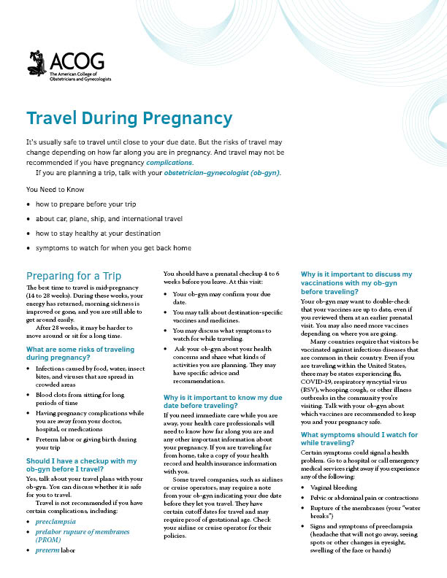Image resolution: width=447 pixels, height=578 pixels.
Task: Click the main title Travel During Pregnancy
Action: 129,118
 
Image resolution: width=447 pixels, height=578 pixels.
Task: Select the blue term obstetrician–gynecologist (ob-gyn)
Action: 225,174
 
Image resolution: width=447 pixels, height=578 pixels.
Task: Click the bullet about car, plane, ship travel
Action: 109,219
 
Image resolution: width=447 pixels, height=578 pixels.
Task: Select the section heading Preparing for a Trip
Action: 74,276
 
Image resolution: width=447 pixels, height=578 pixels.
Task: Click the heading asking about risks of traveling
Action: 80,354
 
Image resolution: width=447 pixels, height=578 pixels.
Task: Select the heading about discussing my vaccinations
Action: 356,282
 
